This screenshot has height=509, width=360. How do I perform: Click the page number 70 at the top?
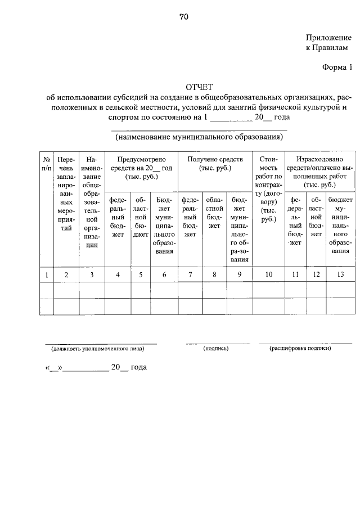[184, 17]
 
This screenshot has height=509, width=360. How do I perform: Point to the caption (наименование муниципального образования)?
[199, 137]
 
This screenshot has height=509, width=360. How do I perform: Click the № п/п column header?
[46, 164]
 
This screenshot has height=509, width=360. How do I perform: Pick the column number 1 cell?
[46, 274]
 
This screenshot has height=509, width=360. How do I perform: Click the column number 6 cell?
[164, 274]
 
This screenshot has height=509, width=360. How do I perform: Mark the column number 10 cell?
[269, 274]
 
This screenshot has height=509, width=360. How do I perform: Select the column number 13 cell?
[340, 274]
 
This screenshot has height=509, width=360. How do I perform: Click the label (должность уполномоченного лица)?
[98, 349]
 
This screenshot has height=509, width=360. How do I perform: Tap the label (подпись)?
[216, 349]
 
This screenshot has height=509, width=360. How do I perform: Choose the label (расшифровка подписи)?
[301, 349]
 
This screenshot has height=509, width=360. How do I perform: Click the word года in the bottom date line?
[138, 367]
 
